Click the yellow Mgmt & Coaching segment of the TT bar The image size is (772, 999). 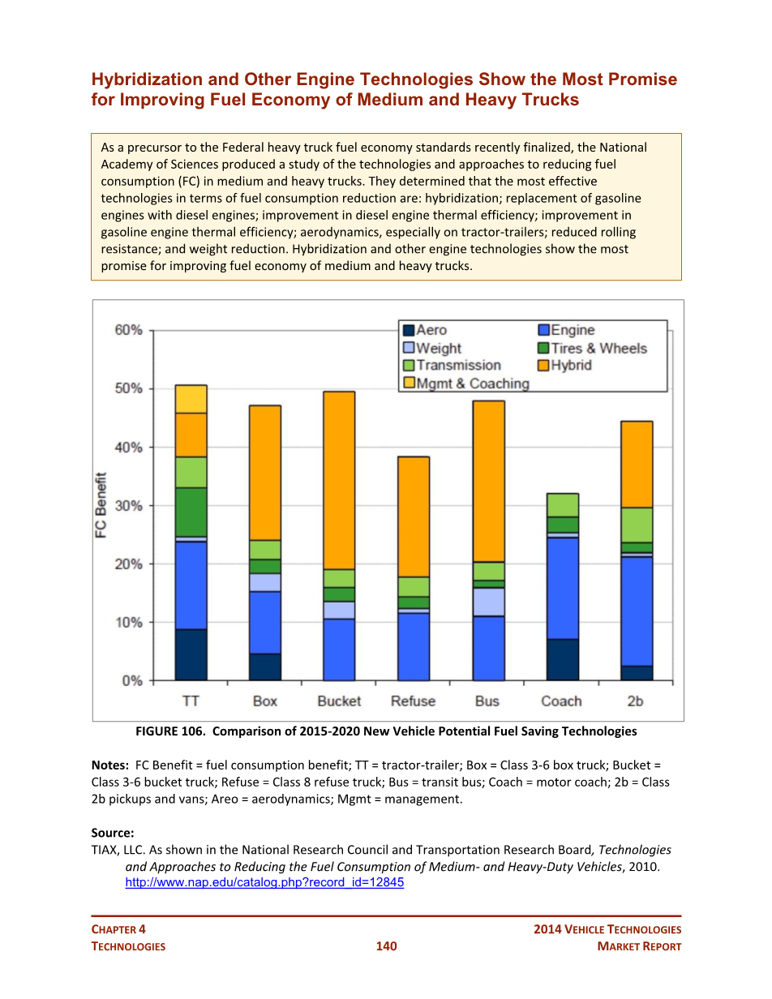[191, 399]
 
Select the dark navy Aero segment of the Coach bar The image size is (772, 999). [562, 659]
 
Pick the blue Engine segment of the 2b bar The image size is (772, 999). [637, 611]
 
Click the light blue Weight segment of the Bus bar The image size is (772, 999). [488, 602]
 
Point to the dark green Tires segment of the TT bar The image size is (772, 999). [191, 512]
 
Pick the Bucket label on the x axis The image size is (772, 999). [339, 701]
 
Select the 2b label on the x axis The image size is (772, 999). [636, 701]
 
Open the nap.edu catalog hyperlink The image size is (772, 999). [264, 883]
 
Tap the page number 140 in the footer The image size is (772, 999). [386, 946]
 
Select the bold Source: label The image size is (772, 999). [112, 833]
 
